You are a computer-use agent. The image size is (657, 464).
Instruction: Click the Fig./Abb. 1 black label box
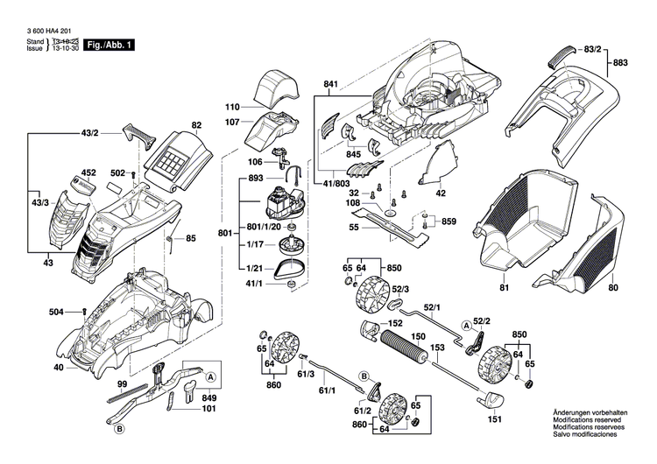click(109, 45)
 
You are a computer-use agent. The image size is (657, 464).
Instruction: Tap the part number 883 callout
click(620, 63)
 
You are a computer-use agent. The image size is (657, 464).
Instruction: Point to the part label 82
click(196, 126)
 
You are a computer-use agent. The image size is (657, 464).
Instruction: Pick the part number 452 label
click(88, 173)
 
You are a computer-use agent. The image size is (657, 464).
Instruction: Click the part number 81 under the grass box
click(504, 288)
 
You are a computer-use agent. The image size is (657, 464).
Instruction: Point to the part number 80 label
click(612, 288)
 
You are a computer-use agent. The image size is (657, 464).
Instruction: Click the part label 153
click(435, 348)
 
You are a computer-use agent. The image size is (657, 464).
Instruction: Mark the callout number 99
click(123, 385)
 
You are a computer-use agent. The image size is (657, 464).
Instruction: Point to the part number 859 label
click(448, 221)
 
